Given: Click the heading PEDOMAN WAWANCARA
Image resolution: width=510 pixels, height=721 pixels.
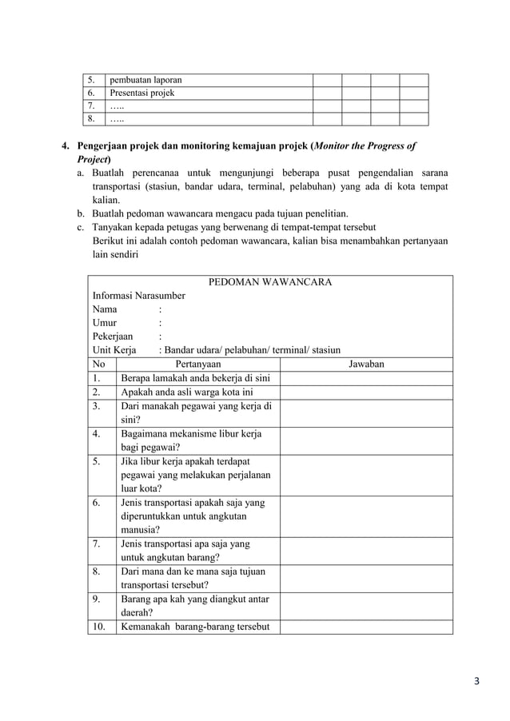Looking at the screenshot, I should pyautogui.click(x=270, y=281).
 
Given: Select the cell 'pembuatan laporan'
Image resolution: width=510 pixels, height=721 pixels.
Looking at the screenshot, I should pyautogui.click(x=145, y=80).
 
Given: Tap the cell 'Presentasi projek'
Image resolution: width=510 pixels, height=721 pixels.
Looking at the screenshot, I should pyautogui.click(x=142, y=93).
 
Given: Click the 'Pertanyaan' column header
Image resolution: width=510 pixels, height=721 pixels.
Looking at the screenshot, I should pyautogui.click(x=197, y=364).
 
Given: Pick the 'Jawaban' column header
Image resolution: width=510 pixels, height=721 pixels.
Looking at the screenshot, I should pyautogui.click(x=367, y=364).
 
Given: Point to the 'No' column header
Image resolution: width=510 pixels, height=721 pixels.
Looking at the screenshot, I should pyautogui.click(x=98, y=364).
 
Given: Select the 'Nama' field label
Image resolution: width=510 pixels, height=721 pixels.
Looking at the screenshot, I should pyautogui.click(x=105, y=309).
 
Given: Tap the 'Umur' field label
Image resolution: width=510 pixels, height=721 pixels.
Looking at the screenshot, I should pyautogui.click(x=105, y=323).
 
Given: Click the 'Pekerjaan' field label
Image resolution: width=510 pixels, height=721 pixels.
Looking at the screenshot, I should pyautogui.click(x=113, y=337).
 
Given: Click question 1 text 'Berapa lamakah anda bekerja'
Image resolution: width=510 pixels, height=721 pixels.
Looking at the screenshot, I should pyautogui.click(x=194, y=378).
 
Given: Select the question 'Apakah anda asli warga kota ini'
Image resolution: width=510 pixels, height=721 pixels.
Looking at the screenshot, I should pyautogui.click(x=186, y=392).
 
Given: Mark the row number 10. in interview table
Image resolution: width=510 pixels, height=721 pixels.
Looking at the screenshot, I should pyautogui.click(x=99, y=626).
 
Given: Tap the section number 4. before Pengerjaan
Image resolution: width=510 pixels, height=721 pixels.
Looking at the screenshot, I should pyautogui.click(x=67, y=146).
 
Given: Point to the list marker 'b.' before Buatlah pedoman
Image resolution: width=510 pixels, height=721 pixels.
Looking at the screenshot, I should pyautogui.click(x=82, y=213).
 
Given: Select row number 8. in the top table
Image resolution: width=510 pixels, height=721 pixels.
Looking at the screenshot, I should pyautogui.click(x=93, y=119).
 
